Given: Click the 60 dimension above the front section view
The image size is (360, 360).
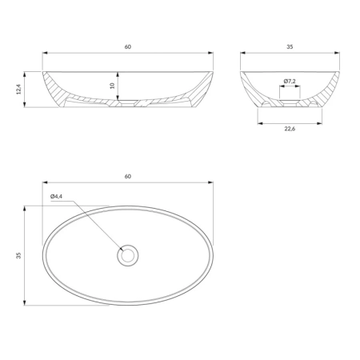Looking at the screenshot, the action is pyautogui.click(x=128, y=46).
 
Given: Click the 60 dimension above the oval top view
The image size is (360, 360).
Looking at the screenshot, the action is pyautogui.click(x=128, y=176).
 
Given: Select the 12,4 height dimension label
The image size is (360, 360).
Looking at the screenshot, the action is pyautogui.click(x=18, y=89).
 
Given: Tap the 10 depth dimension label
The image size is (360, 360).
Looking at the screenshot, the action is pyautogui.click(x=112, y=86).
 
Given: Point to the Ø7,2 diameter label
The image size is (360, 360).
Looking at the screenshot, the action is pyautogui.click(x=290, y=81).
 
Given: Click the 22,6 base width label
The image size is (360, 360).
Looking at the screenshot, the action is pyautogui.click(x=290, y=129).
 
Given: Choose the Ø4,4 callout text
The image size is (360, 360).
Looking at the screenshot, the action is pyautogui.click(x=56, y=196).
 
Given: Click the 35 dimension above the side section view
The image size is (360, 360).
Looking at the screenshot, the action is pyautogui.click(x=290, y=46).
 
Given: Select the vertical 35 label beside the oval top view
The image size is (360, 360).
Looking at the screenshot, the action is pyautogui.click(x=18, y=255).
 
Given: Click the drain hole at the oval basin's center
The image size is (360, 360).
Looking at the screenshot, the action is pyautogui.click(x=128, y=255).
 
